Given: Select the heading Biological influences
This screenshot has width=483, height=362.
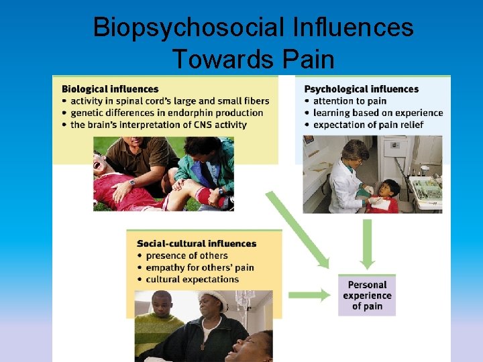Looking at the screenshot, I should pos(110,88).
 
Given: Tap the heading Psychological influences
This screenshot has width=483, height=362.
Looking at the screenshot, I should pos(361,88).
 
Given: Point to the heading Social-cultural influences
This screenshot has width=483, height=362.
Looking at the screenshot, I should pos(196,243).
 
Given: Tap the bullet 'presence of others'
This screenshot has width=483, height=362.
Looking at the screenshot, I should pos(186,255).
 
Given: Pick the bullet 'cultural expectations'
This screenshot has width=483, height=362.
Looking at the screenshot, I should pos(191,279).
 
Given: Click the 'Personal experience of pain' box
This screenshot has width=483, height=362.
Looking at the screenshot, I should pos(367,295).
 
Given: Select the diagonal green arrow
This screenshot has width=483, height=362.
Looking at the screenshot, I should pos(297,229).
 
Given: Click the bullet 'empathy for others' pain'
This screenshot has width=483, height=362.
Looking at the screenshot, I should pos(199,267).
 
